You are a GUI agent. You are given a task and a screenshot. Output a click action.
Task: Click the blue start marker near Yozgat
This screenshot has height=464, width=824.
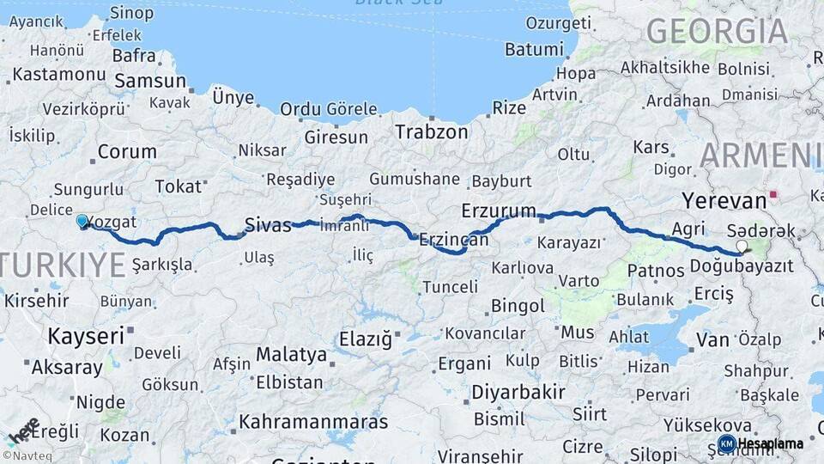82,222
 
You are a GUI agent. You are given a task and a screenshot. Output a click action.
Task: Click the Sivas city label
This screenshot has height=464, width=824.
268,225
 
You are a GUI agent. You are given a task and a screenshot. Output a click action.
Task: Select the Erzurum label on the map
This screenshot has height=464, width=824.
498,211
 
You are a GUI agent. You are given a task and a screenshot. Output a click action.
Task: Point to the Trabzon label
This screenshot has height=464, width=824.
432,132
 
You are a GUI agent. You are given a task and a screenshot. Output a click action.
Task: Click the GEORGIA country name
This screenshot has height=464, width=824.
717,32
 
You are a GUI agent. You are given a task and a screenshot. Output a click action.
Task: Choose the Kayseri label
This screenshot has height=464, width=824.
86,336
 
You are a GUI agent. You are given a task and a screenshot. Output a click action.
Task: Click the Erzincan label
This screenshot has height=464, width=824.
453,241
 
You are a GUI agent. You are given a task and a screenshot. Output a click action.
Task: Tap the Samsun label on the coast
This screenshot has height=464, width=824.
150,82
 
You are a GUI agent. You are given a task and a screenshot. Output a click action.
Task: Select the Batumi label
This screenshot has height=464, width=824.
533,49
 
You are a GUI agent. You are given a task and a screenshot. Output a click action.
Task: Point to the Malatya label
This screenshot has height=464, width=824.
291,354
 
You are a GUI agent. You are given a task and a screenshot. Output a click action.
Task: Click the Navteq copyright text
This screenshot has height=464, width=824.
29,456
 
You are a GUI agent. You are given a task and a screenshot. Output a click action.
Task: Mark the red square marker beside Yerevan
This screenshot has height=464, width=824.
774,194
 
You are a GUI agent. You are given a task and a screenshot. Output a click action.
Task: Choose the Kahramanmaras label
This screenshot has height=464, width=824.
313,423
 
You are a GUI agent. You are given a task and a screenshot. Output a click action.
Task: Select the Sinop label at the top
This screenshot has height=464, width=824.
132,13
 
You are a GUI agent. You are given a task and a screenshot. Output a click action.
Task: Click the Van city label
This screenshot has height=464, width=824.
712,340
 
